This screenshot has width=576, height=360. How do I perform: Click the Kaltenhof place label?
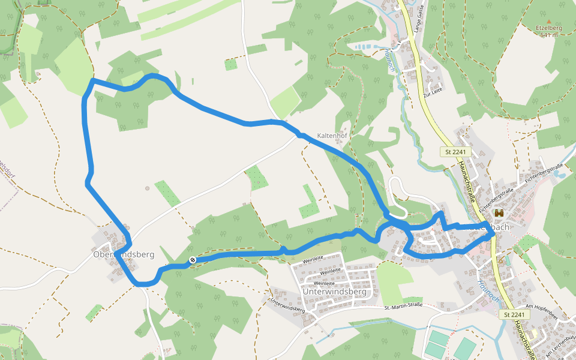point(332,136)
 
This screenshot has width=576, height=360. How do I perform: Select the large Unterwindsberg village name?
point(334,292)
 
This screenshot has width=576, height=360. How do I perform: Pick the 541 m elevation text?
point(548,35)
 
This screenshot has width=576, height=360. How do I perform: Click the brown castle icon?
point(499,213)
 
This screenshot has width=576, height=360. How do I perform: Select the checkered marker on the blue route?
point(192,260)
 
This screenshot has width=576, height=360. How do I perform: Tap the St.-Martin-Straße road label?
point(403,306)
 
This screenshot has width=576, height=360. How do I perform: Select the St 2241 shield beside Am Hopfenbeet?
point(514,314)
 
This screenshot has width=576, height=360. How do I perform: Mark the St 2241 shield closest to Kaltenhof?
point(455,152)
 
